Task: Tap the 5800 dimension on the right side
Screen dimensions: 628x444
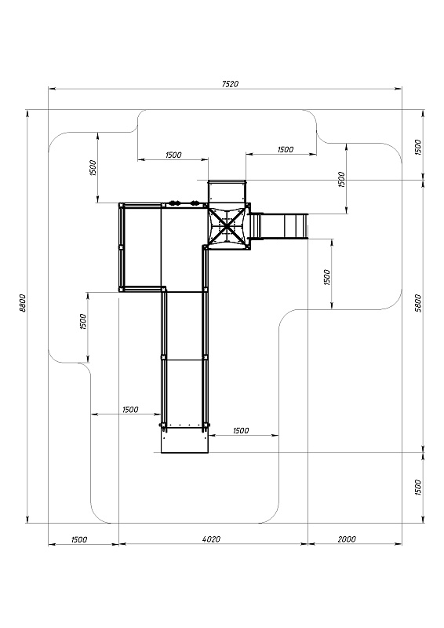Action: pyautogui.click(x=418, y=301)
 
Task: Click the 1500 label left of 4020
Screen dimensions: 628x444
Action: pyautogui.click(x=79, y=539)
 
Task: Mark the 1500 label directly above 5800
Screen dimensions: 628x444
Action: pyautogui.click(x=418, y=146)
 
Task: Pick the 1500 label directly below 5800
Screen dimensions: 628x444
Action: pyautogui.click(x=418, y=487)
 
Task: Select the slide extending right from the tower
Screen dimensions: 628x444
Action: pyautogui.click(x=281, y=226)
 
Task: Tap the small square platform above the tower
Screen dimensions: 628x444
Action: pyautogui.click(x=227, y=193)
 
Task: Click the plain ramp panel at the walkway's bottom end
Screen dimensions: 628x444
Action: pyautogui.click(x=184, y=441)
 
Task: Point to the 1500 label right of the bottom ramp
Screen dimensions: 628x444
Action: pyautogui.click(x=241, y=430)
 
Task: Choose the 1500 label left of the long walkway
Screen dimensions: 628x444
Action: pyautogui.click(x=130, y=410)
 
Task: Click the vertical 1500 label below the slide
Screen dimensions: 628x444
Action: pyautogui.click(x=327, y=276)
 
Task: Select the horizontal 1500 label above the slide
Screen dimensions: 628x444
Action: pyautogui.click(x=285, y=149)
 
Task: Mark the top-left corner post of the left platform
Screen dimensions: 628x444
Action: pyautogui.click(x=121, y=205)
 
